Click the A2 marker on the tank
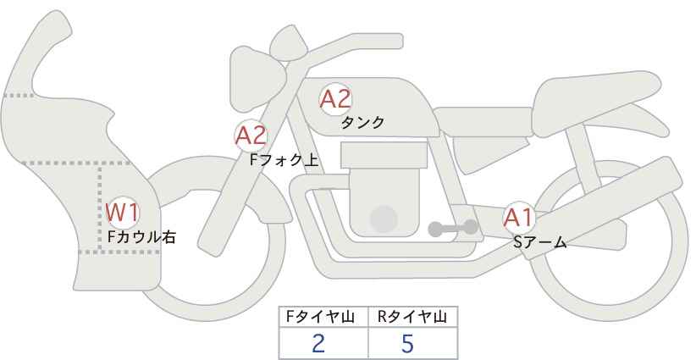(x=335, y=99)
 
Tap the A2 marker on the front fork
(x=251, y=136)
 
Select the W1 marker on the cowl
(x=123, y=213)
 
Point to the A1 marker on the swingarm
(x=518, y=218)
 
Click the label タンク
(x=362, y=122)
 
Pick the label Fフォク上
(x=284, y=160)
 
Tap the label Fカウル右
(x=142, y=236)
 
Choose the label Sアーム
(x=540, y=242)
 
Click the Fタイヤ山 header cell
(x=323, y=317)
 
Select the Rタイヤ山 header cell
(x=413, y=317)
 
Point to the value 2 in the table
(x=318, y=344)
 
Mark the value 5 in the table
(x=407, y=344)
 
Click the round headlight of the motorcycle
(x=257, y=80)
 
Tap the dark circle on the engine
(x=384, y=219)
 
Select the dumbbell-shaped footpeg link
(x=453, y=228)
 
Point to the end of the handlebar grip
(x=400, y=42)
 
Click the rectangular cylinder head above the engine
(x=384, y=155)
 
